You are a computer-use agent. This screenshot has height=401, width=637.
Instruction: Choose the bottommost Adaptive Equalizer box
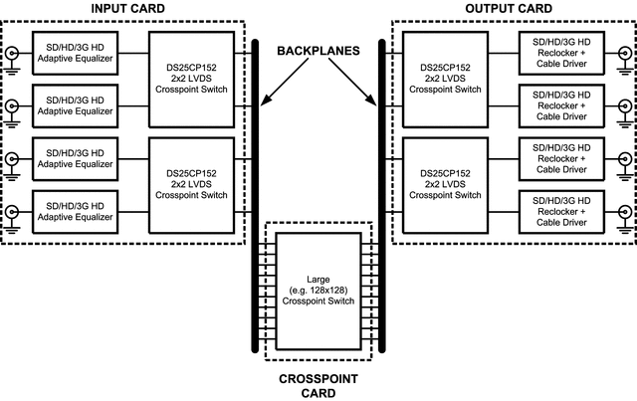tap(75, 213)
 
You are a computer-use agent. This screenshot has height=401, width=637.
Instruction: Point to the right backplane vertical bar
tap(379, 199)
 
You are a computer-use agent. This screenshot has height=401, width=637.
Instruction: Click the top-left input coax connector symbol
tap(12, 54)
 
